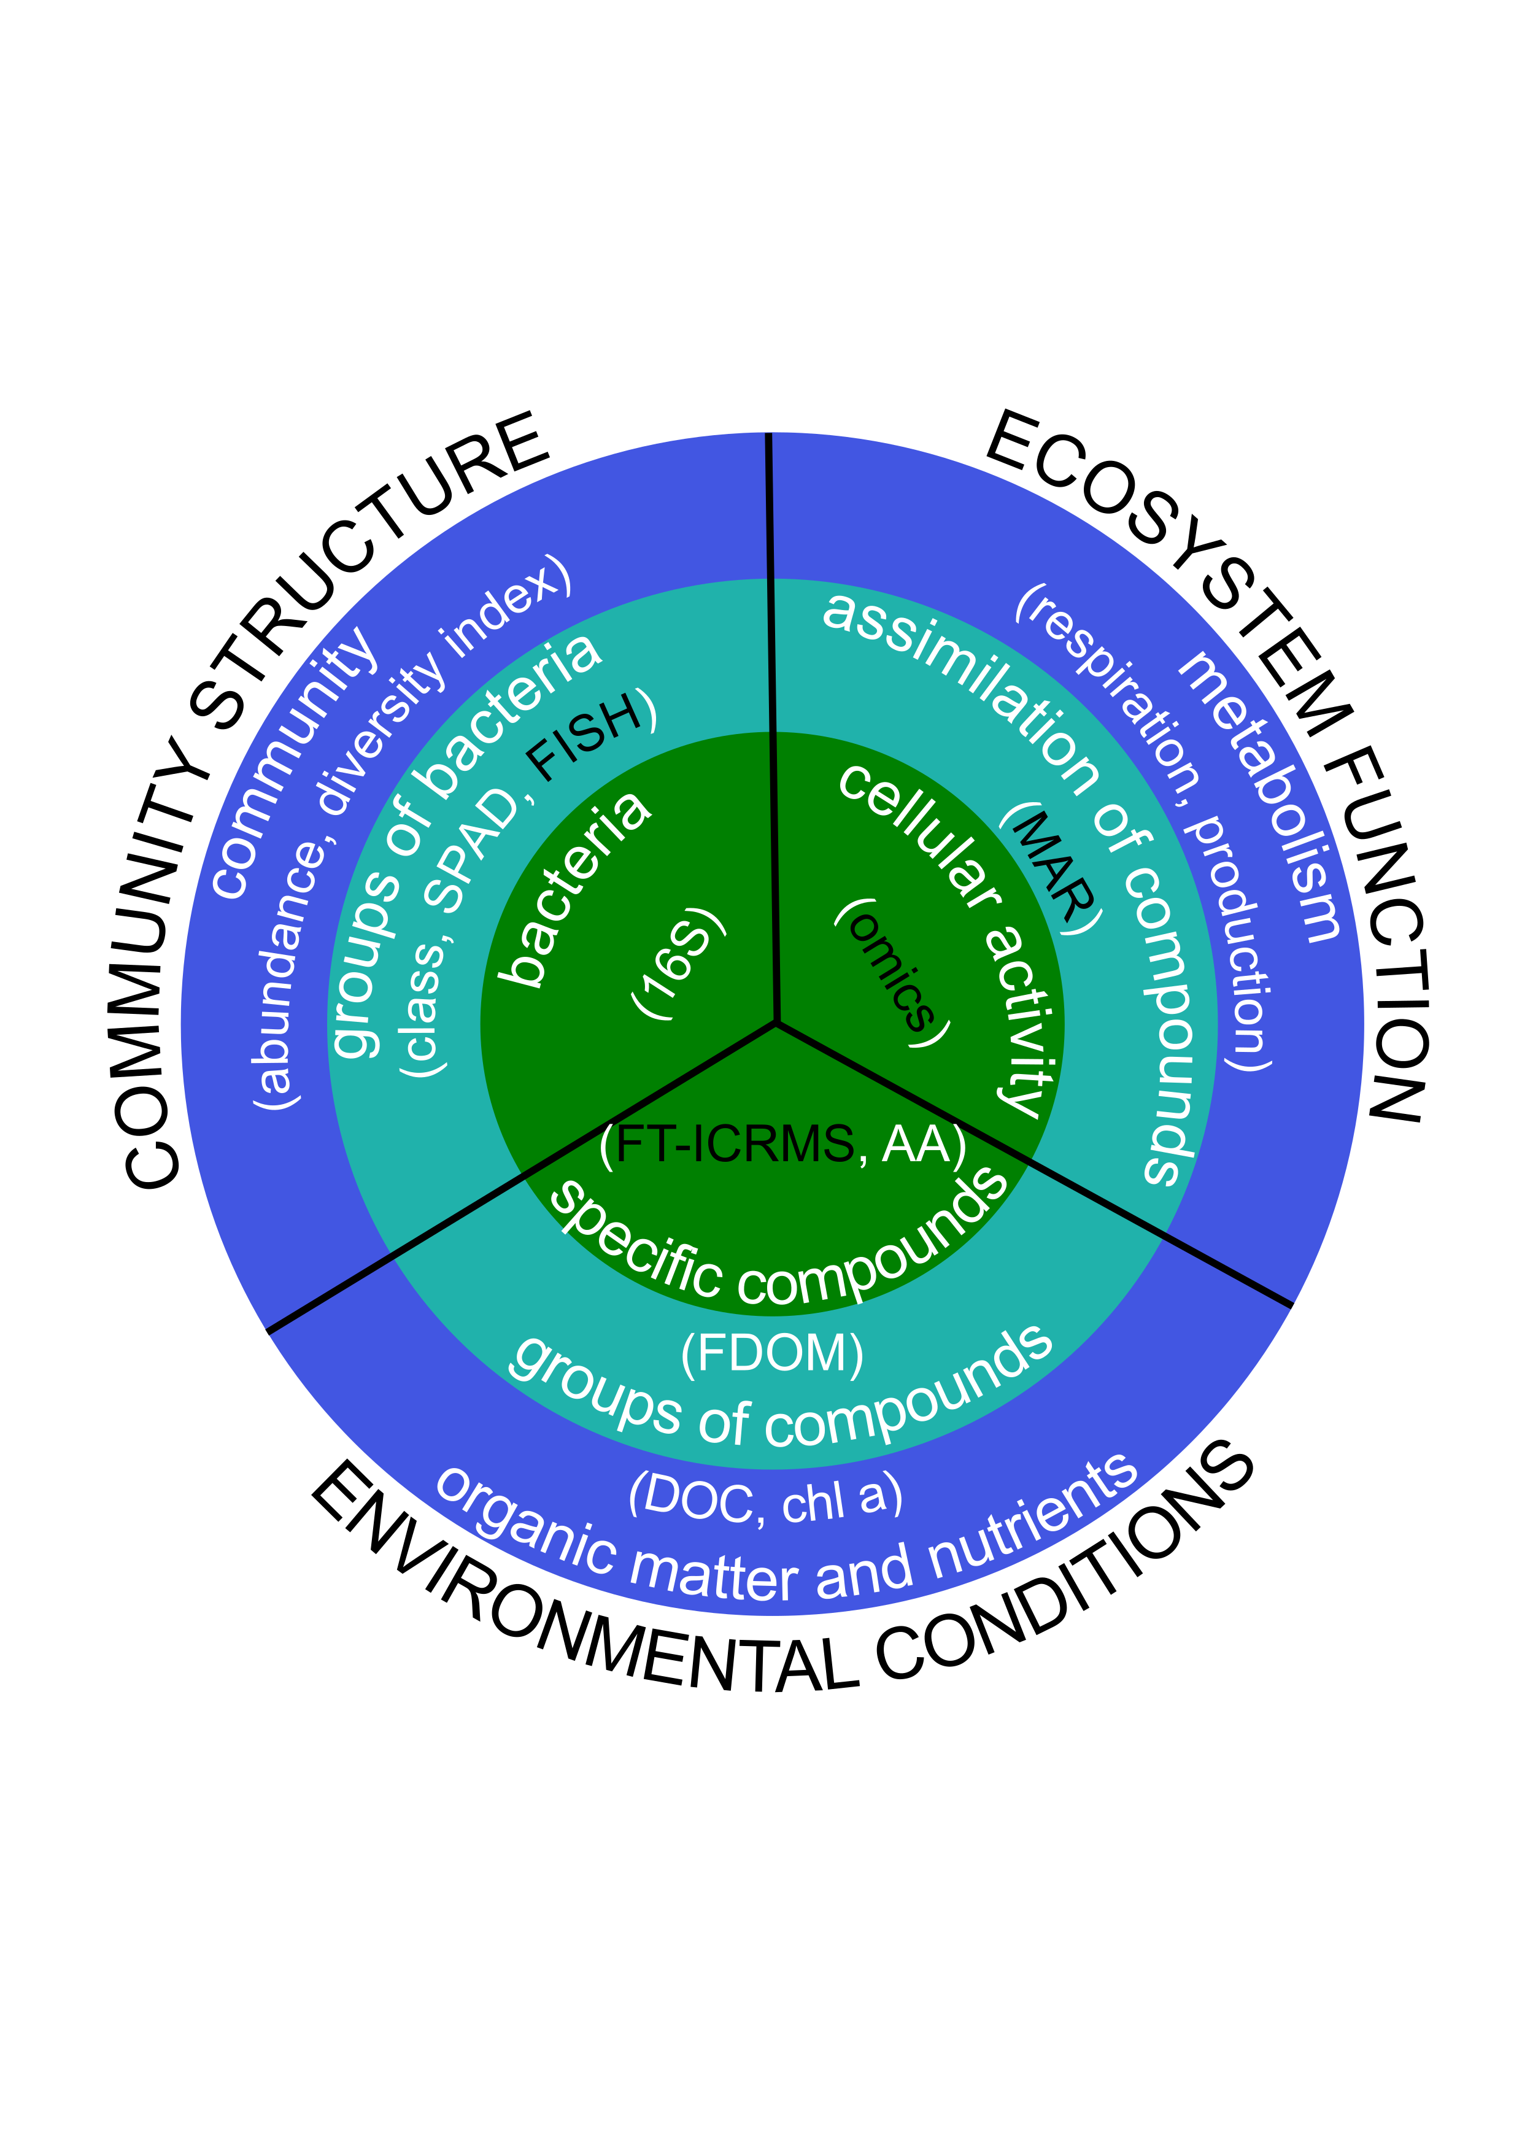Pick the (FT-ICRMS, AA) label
tap(783, 1144)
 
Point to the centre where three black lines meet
tap(776, 1021)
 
